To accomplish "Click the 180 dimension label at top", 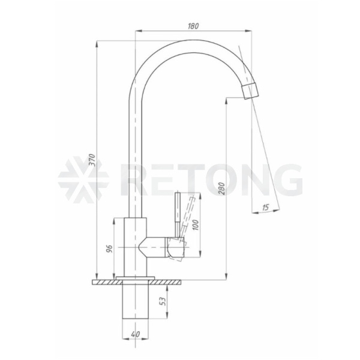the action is point(193,26).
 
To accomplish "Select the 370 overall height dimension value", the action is point(92,160).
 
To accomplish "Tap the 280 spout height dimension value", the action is point(221,188).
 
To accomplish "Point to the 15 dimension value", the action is point(265,208).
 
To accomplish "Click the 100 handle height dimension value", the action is point(195,225).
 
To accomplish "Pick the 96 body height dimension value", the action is point(110,249).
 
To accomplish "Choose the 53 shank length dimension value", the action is point(163,301).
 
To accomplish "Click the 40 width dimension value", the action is point(136,334).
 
